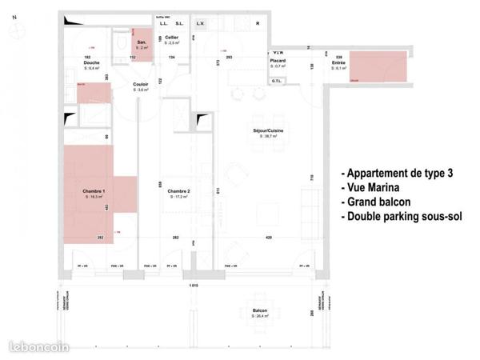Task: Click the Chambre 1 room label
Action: coord(94,191)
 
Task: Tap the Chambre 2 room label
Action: coord(178,191)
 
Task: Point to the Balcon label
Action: coord(261,311)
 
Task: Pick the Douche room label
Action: coord(91,63)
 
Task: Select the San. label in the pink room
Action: coord(141,42)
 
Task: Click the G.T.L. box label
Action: coord(278,79)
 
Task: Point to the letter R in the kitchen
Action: coord(258,25)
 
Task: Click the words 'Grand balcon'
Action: coord(379,202)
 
